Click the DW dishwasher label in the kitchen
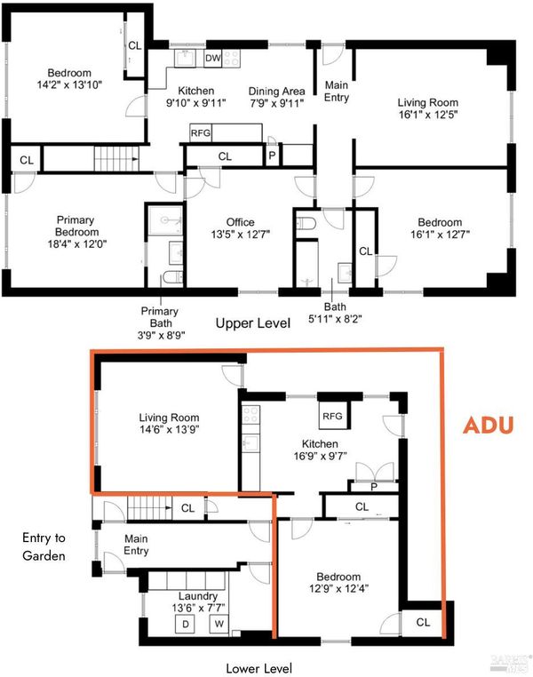pyautogui.click(x=213, y=58)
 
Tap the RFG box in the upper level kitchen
pyautogui.click(x=201, y=133)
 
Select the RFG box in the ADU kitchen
pyautogui.click(x=332, y=416)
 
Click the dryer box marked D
pyautogui.click(x=185, y=624)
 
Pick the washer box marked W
pyautogui.click(x=219, y=624)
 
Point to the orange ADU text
pyautogui.click(x=488, y=426)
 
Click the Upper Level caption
pyautogui.click(x=253, y=323)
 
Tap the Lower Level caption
pyautogui.click(x=259, y=668)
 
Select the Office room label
pyautogui.click(x=241, y=222)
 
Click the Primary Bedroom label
pyautogui.click(x=76, y=226)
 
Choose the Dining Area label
pyautogui.click(x=276, y=92)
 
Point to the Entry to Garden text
pyautogui.click(x=44, y=546)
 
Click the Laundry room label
pyautogui.click(x=198, y=596)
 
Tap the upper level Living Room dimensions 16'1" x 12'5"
pyautogui.click(x=427, y=115)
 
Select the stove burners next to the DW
pyautogui.click(x=231, y=59)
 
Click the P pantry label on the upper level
pyautogui.click(x=272, y=155)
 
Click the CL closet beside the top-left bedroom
pyautogui.click(x=135, y=45)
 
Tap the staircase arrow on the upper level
pyautogui.click(x=135, y=159)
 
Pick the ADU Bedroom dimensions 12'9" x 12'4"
pyautogui.click(x=338, y=588)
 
